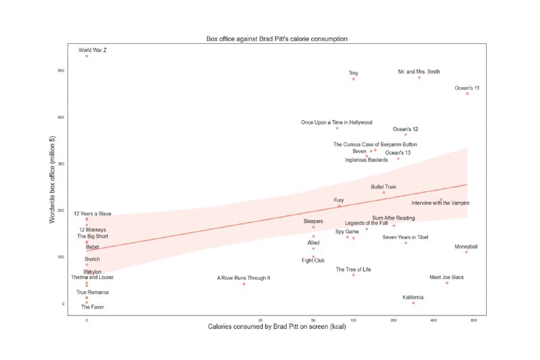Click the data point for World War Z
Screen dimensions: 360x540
[86, 56]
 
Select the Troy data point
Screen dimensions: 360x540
[353, 79]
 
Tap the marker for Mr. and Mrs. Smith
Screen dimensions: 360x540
[419, 77]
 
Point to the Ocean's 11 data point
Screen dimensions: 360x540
[467, 93]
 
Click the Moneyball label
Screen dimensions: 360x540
[466, 246]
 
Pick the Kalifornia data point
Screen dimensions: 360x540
[413, 303]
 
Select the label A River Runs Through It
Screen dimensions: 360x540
[244, 278]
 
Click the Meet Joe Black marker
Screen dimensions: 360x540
[447, 283]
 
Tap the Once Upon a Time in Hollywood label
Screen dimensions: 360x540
[337, 122]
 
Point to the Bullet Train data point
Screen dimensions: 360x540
[384, 192]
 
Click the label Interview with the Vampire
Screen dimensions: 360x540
[441, 203]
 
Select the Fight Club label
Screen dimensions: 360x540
[313, 260]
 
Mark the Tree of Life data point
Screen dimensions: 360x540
[353, 275]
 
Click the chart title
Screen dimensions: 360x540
[277, 39]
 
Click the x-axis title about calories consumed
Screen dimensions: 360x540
[277, 328]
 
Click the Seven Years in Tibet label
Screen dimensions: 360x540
[405, 237]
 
